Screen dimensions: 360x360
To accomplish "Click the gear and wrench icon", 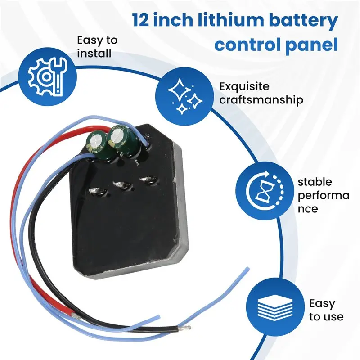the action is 47,76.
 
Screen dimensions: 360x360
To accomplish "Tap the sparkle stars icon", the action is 185,96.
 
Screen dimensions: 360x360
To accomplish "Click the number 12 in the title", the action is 140,20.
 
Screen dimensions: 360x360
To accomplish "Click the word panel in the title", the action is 312,45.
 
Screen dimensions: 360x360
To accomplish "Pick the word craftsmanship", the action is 261,100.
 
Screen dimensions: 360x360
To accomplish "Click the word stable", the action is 315,182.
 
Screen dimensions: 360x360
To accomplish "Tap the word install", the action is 94,53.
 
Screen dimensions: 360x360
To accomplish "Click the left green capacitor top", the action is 95,140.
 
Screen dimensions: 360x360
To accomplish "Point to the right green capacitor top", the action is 117,135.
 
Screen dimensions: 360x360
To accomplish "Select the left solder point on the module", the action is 96,191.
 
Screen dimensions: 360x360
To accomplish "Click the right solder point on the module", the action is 149,180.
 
